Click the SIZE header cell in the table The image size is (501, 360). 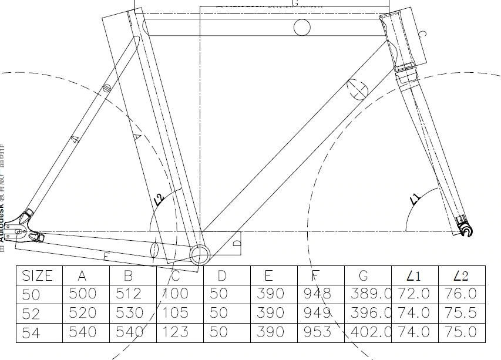(38, 275)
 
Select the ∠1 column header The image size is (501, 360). (414, 275)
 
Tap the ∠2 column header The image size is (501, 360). (461, 275)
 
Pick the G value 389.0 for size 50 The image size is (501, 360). (369, 294)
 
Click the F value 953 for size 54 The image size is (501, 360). (318, 332)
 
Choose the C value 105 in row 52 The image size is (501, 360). (175, 313)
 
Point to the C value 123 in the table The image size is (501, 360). (175, 332)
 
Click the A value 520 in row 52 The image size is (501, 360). (83, 313)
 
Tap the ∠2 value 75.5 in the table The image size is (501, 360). (461, 313)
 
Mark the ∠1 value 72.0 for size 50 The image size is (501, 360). (414, 294)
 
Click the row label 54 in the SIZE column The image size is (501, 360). (32, 332)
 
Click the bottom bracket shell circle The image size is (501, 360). (200, 255)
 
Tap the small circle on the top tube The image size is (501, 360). (302, 27)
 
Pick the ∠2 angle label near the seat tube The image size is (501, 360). (159, 200)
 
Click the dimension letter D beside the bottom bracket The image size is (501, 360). (237, 242)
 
